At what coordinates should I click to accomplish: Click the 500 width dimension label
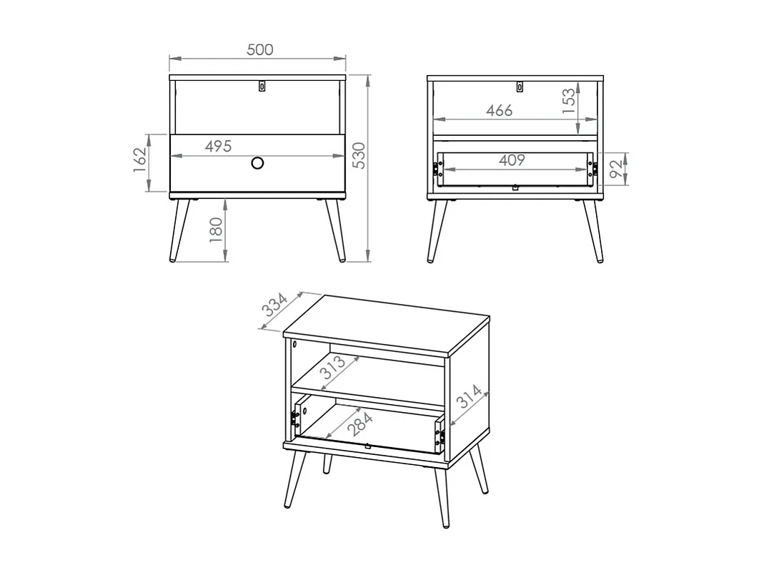(259, 49)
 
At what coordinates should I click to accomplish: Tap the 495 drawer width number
(218, 147)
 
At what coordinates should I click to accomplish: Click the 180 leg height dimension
(217, 231)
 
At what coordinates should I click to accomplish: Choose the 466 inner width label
(499, 110)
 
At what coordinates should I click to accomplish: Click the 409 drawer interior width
(512, 160)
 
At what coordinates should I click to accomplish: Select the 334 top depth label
(274, 305)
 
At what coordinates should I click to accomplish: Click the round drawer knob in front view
(258, 164)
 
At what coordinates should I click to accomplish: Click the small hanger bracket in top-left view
(262, 86)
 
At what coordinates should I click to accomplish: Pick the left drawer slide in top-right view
(435, 170)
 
